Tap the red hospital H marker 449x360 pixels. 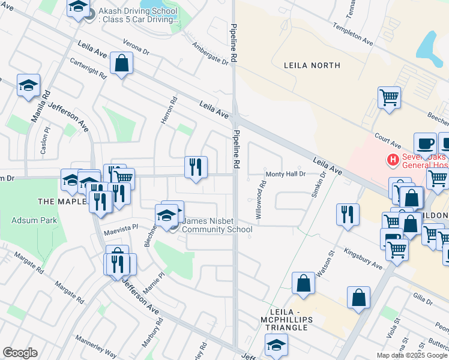click(393, 160)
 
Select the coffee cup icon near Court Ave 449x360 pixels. click(425, 144)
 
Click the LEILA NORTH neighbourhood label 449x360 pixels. click(312, 65)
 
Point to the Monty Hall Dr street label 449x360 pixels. click(286, 173)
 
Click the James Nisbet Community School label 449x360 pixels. click(217, 225)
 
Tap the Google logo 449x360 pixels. click(20, 353)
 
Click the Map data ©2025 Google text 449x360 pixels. click(412, 355)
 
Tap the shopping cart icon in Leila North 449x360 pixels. click(389, 97)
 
